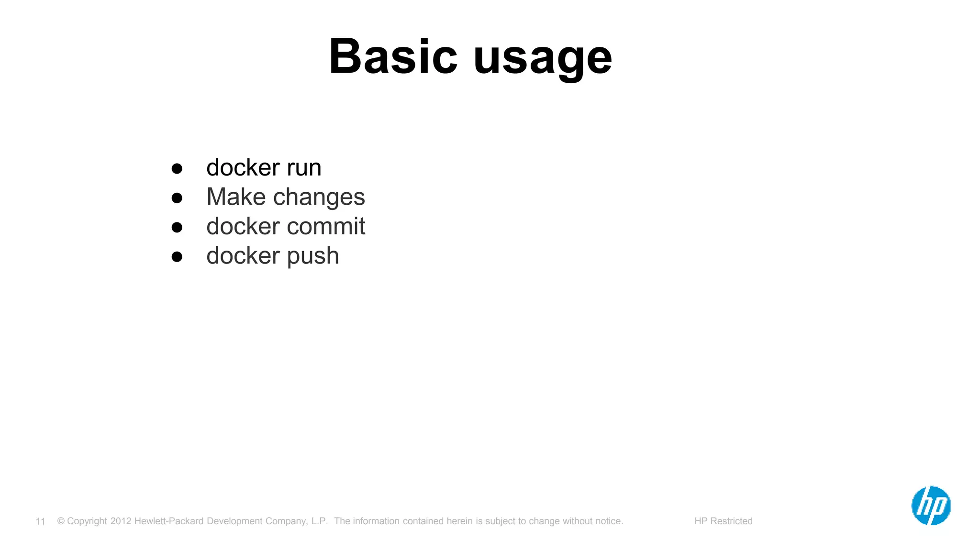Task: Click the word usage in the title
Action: tap(543, 58)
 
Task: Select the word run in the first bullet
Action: tap(304, 168)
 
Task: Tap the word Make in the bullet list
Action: tap(236, 197)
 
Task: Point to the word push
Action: tap(313, 256)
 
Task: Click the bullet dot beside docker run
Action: tap(177, 168)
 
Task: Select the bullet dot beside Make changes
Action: tap(177, 198)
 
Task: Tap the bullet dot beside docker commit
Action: tap(177, 227)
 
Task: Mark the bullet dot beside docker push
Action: tap(177, 257)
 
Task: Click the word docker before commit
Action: tap(243, 226)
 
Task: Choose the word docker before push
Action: tap(243, 255)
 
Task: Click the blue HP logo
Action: tap(931, 506)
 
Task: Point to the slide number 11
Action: tap(40, 521)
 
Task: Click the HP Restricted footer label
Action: tap(723, 521)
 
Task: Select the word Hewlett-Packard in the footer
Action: tap(169, 521)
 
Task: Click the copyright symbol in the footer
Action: tap(61, 521)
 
